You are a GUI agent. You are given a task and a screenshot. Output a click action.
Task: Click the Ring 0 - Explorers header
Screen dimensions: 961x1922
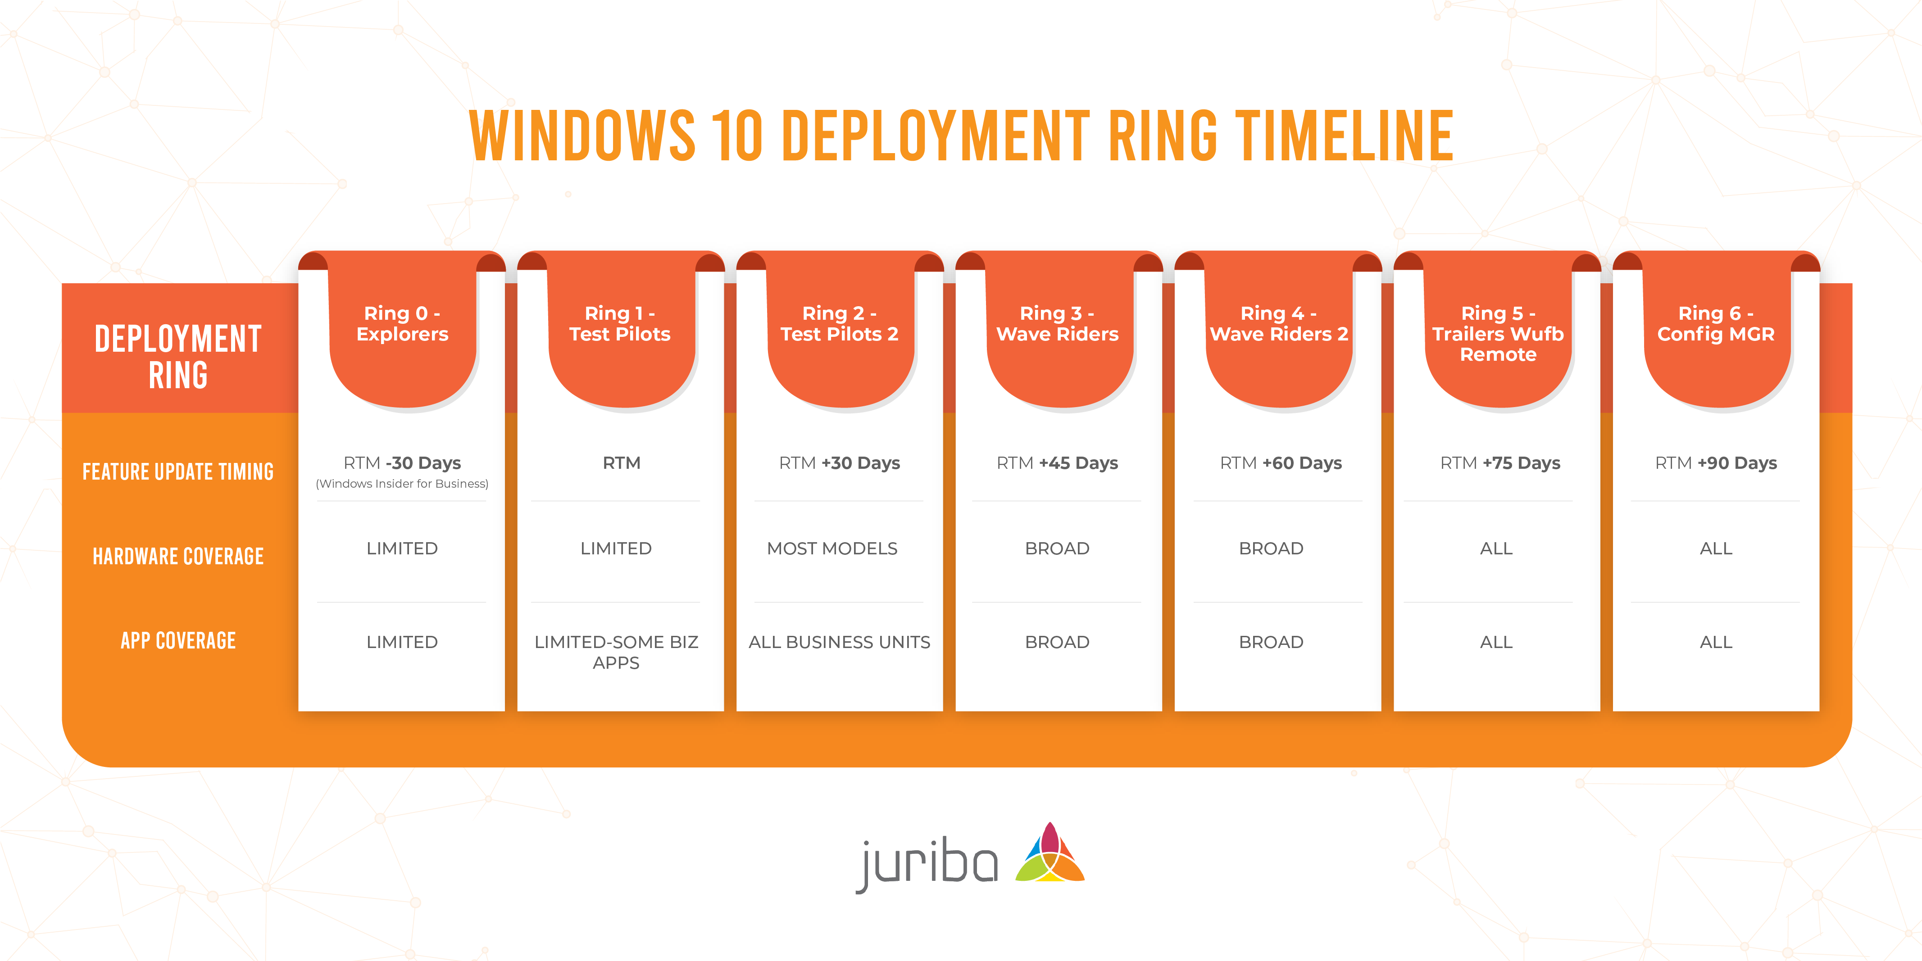pyautogui.click(x=402, y=324)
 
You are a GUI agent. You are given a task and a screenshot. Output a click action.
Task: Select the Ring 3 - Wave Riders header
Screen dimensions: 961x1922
pyautogui.click(x=1057, y=324)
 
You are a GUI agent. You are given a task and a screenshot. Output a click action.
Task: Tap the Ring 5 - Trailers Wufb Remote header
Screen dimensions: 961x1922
pyautogui.click(x=1497, y=334)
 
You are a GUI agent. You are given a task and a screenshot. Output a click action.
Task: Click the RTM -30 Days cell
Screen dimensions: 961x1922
pyautogui.click(x=402, y=463)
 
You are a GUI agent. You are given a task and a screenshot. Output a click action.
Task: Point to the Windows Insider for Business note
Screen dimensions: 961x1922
pyautogui.click(x=402, y=484)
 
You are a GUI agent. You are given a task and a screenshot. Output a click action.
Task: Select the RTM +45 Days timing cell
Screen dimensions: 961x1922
pyautogui.click(x=1057, y=463)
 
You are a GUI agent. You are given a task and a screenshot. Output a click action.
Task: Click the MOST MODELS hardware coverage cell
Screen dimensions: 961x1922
pyautogui.click(x=832, y=548)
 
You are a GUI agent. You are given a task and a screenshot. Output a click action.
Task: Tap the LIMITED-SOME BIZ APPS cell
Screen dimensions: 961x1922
pyautogui.click(x=616, y=652)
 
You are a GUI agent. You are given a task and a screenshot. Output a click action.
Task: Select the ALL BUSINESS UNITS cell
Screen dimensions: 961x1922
pyautogui.click(x=839, y=643)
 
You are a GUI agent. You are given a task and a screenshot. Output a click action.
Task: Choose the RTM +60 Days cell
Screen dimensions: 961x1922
pyautogui.click(x=1280, y=463)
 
